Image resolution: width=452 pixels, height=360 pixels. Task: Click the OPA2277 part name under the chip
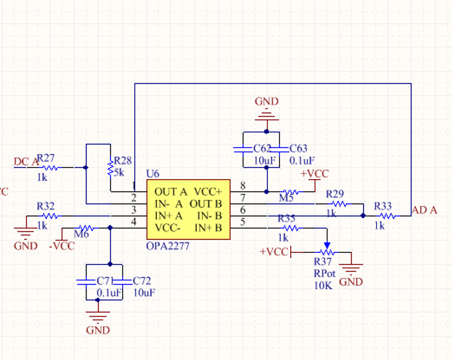click(x=167, y=246)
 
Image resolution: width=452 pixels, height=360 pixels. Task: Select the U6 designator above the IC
click(x=153, y=174)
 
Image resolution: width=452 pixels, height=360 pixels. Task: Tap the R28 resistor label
click(x=123, y=161)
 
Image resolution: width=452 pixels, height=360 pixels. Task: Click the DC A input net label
click(x=26, y=161)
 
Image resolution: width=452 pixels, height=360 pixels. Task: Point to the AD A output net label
click(x=424, y=210)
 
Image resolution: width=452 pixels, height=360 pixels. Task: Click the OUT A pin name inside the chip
click(x=171, y=192)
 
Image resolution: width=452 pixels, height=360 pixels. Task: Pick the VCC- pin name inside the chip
click(x=169, y=227)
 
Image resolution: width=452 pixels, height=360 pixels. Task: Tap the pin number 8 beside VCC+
click(x=242, y=186)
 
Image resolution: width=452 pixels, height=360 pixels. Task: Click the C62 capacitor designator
click(x=262, y=149)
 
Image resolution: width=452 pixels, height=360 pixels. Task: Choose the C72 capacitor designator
click(x=141, y=282)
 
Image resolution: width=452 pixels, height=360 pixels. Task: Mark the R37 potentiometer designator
click(x=323, y=262)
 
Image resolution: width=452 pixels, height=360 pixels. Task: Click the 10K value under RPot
click(x=322, y=285)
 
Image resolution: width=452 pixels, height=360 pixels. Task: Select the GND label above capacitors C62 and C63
click(x=267, y=102)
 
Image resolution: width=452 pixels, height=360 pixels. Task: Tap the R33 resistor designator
click(x=383, y=205)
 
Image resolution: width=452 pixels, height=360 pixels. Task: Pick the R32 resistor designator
click(x=46, y=206)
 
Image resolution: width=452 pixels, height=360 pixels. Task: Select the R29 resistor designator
click(x=335, y=194)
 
